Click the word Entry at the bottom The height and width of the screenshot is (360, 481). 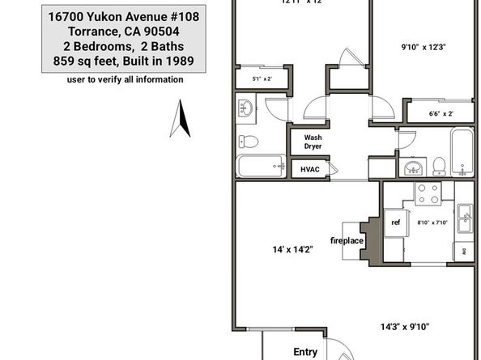[x=305, y=352]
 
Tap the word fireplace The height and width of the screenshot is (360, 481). [x=347, y=240]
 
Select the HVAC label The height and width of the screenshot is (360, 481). [x=310, y=169]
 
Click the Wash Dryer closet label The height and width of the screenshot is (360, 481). [x=313, y=142]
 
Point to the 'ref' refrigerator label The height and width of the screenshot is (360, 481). [x=396, y=222]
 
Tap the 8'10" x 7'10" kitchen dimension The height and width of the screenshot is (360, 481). [x=432, y=222]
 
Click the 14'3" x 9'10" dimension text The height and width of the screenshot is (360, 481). [x=405, y=327]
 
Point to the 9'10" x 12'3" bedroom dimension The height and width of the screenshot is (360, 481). [x=424, y=47]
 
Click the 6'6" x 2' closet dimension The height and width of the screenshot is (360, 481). [x=441, y=114]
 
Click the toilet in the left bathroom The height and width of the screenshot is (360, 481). [x=250, y=142]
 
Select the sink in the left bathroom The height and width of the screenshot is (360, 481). [x=246, y=107]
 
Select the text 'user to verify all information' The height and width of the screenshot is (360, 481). [x=125, y=79]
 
